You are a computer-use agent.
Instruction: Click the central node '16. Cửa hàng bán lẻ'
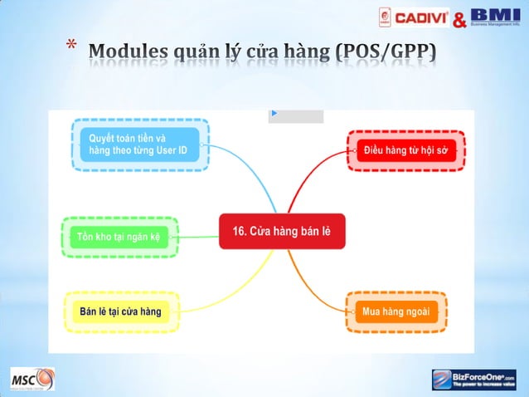(x=282, y=231)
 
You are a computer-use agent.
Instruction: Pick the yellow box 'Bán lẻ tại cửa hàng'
(x=120, y=311)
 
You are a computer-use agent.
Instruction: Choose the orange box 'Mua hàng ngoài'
(x=396, y=311)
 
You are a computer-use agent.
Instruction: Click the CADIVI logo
(x=414, y=17)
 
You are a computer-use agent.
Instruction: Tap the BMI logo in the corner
(x=496, y=17)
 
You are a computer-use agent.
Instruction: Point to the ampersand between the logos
(x=459, y=19)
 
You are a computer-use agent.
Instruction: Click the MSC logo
(x=32, y=380)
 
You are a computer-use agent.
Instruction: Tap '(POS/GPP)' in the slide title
(x=386, y=53)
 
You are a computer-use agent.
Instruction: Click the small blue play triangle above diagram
(x=274, y=113)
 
